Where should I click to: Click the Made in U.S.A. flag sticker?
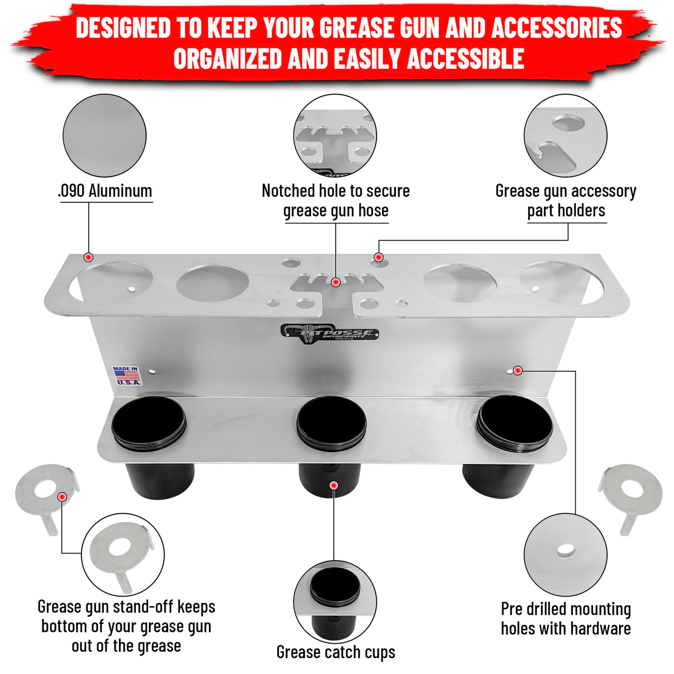click(x=127, y=376)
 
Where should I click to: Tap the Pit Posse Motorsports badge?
click(x=330, y=333)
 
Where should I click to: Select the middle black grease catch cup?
click(x=331, y=446)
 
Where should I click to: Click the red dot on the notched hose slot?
click(x=336, y=282)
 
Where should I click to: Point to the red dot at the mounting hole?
click(x=518, y=370)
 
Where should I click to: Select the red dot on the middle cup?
click(x=334, y=485)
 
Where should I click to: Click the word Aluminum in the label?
click(x=120, y=191)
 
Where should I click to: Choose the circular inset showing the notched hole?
click(x=335, y=135)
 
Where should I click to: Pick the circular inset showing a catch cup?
click(x=335, y=602)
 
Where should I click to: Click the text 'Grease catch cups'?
click(x=336, y=652)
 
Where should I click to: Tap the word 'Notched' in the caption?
click(x=288, y=191)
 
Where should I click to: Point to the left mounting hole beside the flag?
click(x=153, y=371)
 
